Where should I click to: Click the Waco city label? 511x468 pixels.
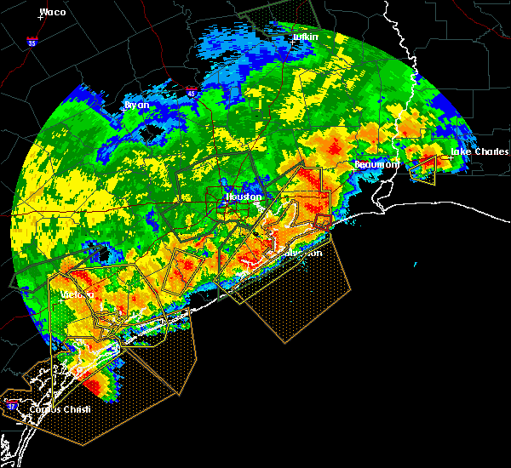[x=53, y=12]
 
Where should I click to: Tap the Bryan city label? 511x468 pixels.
[x=136, y=105]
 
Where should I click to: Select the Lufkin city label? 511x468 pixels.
[x=304, y=38]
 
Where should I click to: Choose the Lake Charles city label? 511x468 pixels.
[x=479, y=151]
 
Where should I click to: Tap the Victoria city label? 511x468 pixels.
[x=77, y=294]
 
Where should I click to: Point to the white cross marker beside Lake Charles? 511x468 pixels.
[x=450, y=158]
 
